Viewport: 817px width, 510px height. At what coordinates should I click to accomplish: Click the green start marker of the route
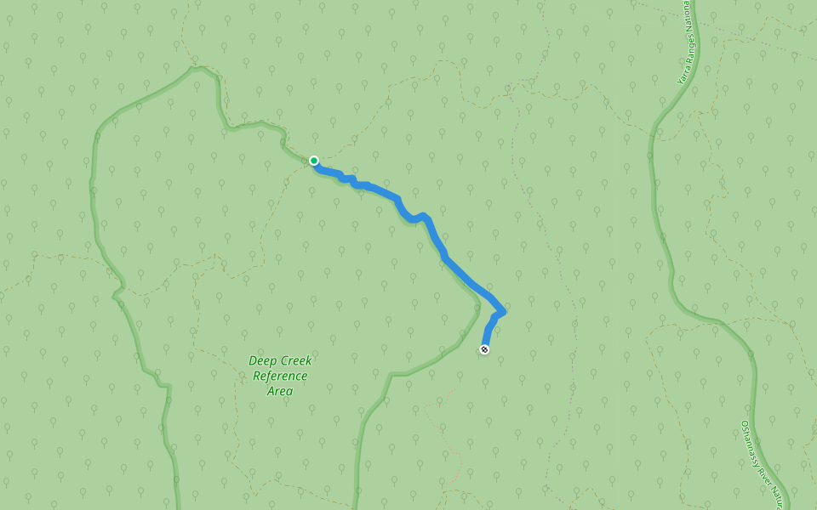pos(314,161)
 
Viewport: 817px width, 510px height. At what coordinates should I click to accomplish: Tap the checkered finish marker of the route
pos(484,349)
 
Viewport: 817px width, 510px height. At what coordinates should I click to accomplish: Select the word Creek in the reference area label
pos(294,360)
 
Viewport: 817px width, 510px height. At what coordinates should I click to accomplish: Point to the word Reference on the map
pos(280,376)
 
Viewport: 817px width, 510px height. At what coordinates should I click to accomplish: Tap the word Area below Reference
pos(280,391)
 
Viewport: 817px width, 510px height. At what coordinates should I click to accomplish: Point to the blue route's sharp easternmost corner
pos(504,312)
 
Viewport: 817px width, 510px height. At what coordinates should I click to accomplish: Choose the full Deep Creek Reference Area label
pos(280,376)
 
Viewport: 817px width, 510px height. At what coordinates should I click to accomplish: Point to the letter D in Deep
pos(253,360)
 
